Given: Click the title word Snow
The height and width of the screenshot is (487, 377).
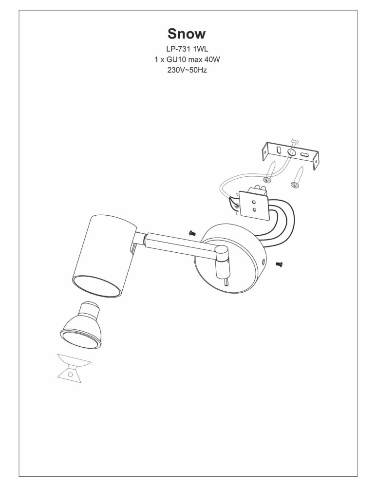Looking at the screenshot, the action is click(x=187, y=34).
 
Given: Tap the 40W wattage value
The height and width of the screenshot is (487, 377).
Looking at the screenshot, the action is click(x=212, y=59).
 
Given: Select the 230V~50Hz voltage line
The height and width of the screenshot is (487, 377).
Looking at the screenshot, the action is click(x=187, y=70).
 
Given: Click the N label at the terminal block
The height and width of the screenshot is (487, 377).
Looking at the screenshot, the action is click(x=237, y=194).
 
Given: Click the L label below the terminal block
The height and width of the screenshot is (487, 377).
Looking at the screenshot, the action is click(x=237, y=214).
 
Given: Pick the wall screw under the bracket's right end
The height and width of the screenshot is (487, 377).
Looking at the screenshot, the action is click(x=297, y=177).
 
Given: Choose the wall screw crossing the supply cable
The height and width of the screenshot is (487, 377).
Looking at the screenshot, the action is click(x=269, y=172).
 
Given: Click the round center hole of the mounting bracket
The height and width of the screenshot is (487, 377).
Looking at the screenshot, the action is click(x=292, y=152).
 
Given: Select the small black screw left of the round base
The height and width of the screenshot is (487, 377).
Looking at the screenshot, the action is click(x=192, y=233).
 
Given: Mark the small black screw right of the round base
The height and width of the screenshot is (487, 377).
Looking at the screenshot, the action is click(x=279, y=264).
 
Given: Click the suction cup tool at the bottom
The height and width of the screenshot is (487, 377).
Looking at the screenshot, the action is click(x=74, y=368).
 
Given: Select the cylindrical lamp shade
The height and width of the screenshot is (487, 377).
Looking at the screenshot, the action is click(x=104, y=256).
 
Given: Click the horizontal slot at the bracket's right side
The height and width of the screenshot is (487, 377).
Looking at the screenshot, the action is click(x=304, y=155).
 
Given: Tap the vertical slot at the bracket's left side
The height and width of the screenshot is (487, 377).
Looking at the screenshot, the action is click(x=279, y=150).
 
